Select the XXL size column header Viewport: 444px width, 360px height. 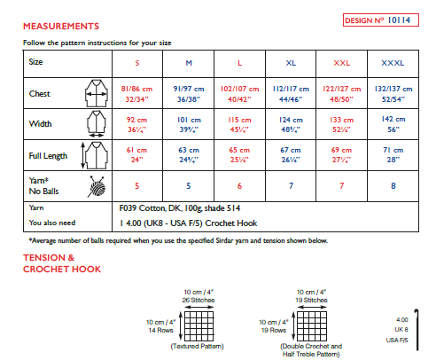341,63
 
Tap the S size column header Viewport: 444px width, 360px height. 136,63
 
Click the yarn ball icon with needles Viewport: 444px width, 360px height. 94,186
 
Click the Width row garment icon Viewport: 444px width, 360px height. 94,125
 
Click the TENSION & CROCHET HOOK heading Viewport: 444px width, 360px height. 61,263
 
